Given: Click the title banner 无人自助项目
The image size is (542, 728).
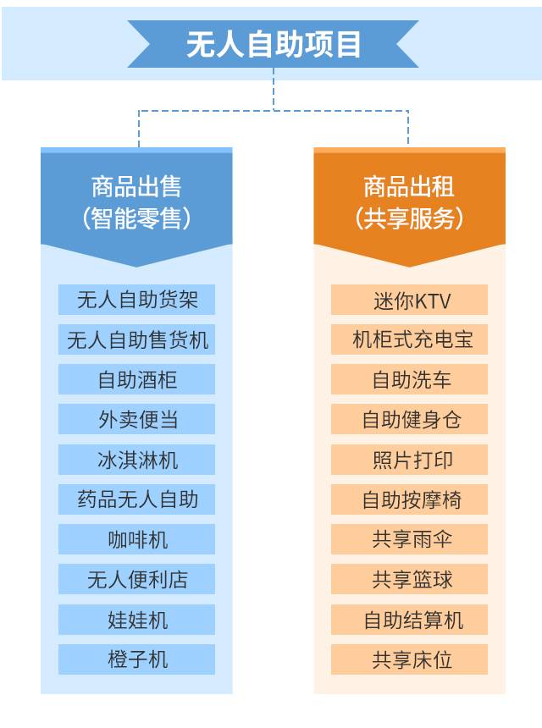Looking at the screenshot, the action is [273, 44].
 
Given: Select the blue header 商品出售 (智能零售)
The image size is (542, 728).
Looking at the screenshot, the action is [136, 201].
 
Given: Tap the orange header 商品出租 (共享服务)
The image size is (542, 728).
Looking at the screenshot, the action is [409, 201].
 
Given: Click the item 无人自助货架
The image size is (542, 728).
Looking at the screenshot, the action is [136, 300].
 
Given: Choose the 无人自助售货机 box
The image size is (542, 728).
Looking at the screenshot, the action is [136, 339].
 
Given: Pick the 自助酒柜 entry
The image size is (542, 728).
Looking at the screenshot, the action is [136, 379].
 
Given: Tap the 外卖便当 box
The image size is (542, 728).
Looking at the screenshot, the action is [136, 419].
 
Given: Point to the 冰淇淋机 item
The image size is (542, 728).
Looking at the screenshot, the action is [136, 460].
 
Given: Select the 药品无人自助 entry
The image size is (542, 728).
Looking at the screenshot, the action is [136, 499].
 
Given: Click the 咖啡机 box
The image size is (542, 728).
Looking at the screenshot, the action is [136, 539].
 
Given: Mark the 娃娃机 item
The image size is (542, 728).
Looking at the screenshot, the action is [136, 620].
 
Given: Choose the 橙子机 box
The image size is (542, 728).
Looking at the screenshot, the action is [136, 659].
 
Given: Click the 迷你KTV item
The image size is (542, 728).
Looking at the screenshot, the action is [409, 300].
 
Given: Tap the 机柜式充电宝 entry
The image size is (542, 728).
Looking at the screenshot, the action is [409, 339].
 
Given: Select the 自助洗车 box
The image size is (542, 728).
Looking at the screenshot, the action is [409, 379].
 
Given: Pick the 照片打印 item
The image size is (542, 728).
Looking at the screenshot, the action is [409, 460].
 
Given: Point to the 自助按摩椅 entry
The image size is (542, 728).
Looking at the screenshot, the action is [409, 499].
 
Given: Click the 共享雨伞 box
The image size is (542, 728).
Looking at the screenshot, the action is [409, 539].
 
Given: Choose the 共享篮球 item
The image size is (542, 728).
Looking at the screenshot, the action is [409, 579].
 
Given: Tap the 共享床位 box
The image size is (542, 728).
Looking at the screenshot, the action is [409, 659].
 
